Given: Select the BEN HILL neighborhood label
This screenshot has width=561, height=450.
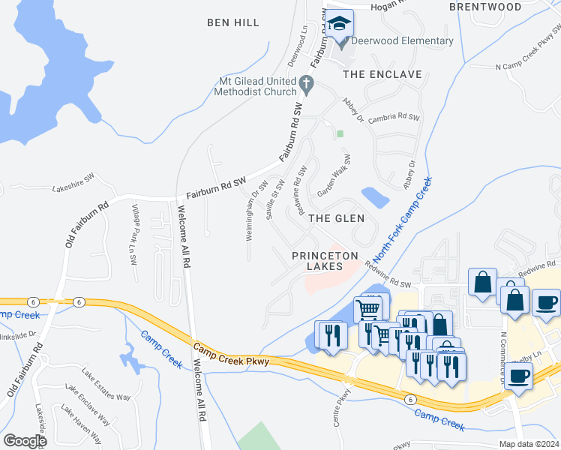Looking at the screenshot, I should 233,23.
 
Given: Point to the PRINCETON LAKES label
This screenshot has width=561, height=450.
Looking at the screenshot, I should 327,261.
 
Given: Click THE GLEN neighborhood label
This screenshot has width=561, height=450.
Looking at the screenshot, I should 337,218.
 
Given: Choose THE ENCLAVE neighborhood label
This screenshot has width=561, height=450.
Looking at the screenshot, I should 382,75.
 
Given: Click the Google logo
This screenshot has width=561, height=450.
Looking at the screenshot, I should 25,441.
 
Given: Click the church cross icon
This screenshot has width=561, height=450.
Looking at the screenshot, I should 305,82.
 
